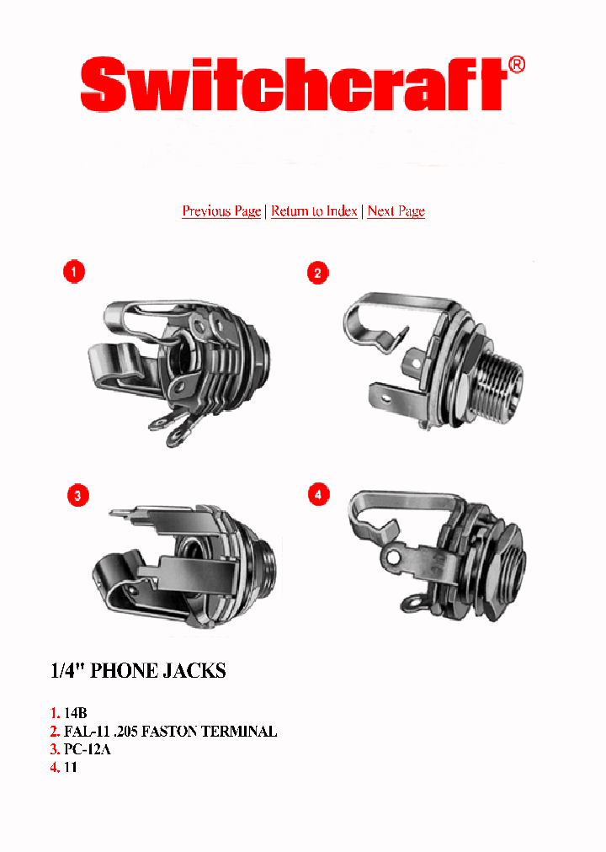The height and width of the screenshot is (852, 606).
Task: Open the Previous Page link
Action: [221, 211]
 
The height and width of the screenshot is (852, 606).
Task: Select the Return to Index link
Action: [314, 211]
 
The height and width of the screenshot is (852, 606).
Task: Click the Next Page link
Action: [396, 211]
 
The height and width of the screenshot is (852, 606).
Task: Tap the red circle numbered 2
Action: [317, 273]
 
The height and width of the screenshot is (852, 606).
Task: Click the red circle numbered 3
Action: [77, 496]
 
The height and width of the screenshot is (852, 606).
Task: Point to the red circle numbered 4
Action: [318, 495]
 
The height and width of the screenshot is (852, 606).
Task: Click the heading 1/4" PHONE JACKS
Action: [139, 671]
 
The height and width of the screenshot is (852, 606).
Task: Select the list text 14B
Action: [76, 713]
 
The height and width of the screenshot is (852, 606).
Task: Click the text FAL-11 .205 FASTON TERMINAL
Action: [170, 732]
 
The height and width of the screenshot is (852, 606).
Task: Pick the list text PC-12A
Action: [88, 749]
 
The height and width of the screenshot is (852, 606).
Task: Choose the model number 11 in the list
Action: [71, 768]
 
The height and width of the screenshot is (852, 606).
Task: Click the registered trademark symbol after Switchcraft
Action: [517, 66]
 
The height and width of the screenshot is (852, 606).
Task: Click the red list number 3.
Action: [56, 749]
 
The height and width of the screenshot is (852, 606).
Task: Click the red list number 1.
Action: [56, 713]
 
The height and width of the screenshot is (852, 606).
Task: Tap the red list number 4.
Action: [56, 768]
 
